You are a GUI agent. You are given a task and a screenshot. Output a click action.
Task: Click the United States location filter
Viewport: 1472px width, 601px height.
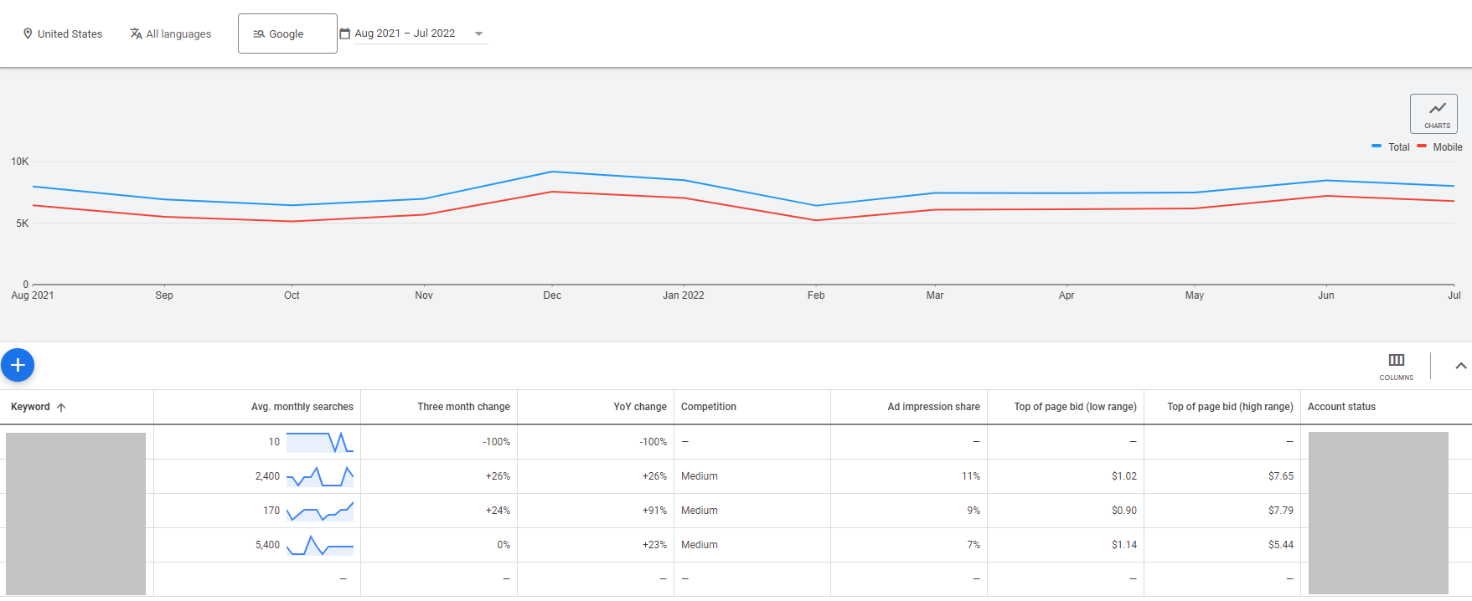(x=62, y=34)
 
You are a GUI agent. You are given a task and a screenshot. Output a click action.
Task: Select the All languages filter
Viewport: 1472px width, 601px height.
(x=170, y=34)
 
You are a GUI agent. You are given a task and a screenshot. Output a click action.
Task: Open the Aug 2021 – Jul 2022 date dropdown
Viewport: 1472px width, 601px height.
(x=414, y=33)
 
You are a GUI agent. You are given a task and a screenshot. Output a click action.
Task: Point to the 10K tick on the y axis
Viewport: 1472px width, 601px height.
(x=19, y=162)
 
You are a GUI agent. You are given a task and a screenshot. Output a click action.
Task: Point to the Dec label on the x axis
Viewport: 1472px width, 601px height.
(x=552, y=295)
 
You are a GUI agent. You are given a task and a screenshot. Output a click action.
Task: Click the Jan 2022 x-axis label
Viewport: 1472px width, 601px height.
(x=683, y=295)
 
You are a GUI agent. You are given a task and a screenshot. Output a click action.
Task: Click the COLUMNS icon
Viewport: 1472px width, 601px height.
(x=1396, y=365)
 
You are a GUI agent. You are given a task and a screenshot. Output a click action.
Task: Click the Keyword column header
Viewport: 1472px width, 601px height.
(x=30, y=407)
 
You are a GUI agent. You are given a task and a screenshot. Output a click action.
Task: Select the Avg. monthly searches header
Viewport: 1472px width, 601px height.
(x=302, y=407)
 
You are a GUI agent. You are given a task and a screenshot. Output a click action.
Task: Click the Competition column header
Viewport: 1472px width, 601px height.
(x=708, y=407)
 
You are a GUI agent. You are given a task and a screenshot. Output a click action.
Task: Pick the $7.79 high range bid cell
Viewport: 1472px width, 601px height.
(x=1280, y=511)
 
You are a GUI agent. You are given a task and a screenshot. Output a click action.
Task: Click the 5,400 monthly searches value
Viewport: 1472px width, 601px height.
(x=267, y=545)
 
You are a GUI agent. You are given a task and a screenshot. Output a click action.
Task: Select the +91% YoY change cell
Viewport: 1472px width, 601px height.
(x=653, y=511)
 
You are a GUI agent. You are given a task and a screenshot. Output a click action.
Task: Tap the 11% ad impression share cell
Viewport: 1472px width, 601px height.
(x=970, y=476)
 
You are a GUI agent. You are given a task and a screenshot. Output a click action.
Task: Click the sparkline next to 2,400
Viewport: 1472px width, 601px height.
(x=319, y=476)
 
